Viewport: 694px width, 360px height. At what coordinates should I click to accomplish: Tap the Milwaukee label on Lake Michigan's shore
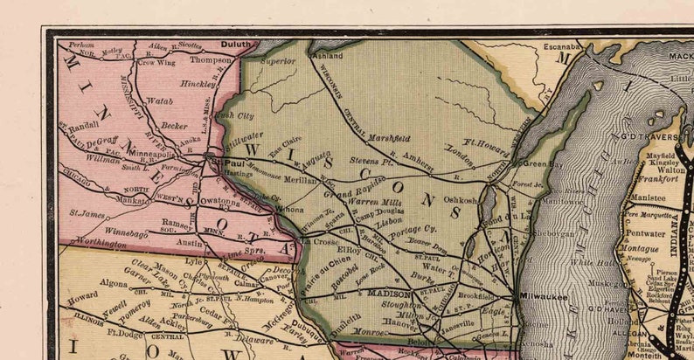(x=543, y=297)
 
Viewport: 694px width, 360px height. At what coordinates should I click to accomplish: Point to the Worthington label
(x=101, y=245)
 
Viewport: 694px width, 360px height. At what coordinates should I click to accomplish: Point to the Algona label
(x=114, y=283)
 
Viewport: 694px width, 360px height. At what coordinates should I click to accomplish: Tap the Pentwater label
(x=647, y=234)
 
